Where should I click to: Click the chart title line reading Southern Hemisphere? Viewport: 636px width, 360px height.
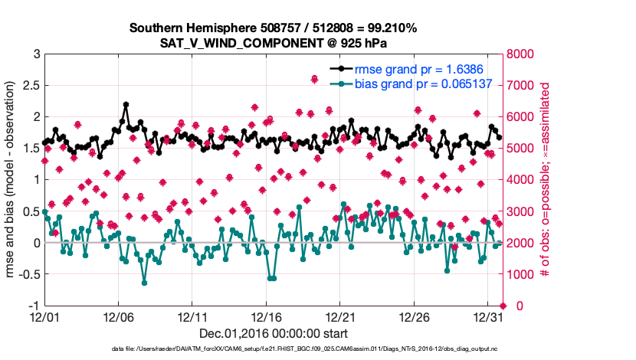click(x=273, y=28)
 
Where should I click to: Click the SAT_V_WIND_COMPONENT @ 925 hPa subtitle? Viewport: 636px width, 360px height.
click(x=273, y=43)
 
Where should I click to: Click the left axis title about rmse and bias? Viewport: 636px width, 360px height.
click(x=11, y=180)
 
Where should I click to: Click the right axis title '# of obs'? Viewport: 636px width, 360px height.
click(x=546, y=180)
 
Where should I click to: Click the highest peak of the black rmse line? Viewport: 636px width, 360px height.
click(x=126, y=105)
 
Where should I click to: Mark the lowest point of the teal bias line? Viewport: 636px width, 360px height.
click(x=144, y=283)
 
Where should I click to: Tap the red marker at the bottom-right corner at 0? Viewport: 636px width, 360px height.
click(x=502, y=306)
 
